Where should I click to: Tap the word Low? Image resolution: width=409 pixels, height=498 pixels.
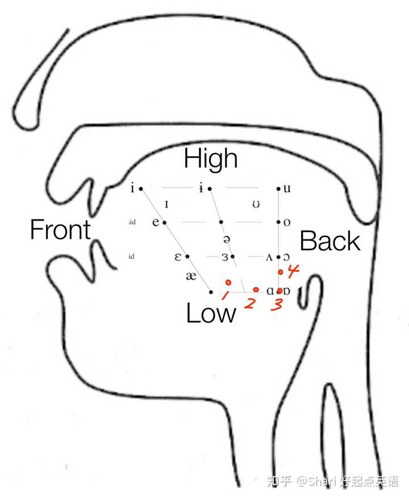coord(211,313)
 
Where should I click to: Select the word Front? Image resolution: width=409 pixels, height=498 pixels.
coord(60,230)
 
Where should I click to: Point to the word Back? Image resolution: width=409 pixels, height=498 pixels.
coord(329,241)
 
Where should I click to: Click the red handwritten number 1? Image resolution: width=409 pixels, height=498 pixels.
coord(224,294)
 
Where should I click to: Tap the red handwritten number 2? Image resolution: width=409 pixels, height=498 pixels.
coord(249,303)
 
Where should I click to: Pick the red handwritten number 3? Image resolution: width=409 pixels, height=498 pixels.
coord(277,304)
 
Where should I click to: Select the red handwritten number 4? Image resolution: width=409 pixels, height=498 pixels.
coord(293,272)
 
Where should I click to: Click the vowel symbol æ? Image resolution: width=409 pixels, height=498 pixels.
coord(191,276)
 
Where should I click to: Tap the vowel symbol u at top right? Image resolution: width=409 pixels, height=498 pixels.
coord(287,188)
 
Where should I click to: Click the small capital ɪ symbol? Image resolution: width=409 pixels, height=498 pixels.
coord(166,204)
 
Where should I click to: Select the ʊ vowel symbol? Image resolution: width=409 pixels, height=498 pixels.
coord(256,204)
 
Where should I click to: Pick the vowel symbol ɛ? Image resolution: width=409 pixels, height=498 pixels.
coord(177,256)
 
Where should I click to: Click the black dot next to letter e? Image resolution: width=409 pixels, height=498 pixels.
coord(164,222)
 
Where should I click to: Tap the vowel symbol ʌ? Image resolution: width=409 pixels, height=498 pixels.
coord(269,257)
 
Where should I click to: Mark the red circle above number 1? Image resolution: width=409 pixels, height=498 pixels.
coord(228,282)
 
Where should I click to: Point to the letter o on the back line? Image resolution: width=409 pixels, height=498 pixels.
coord(287,222)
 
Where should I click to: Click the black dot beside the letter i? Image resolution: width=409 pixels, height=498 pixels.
coord(141,188)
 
